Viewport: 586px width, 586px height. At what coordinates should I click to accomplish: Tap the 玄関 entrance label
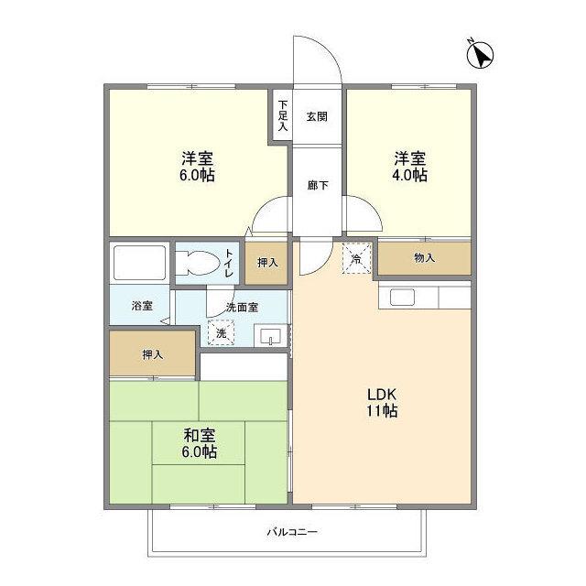(317, 116)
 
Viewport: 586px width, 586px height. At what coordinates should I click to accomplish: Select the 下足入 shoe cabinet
(283, 115)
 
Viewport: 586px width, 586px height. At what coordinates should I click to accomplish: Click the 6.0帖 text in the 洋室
(197, 175)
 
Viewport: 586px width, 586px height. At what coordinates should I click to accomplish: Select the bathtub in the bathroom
(139, 263)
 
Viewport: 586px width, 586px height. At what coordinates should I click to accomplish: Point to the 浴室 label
(141, 306)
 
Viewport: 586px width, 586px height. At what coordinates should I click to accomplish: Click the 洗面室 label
(243, 308)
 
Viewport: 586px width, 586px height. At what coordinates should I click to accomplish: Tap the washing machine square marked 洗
(221, 332)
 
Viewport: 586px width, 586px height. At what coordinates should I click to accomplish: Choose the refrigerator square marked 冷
(357, 257)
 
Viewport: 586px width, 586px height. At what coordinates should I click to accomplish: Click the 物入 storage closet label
(424, 258)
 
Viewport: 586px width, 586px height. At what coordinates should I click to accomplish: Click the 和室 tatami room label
(197, 436)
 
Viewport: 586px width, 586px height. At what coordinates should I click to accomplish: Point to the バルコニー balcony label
(292, 532)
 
